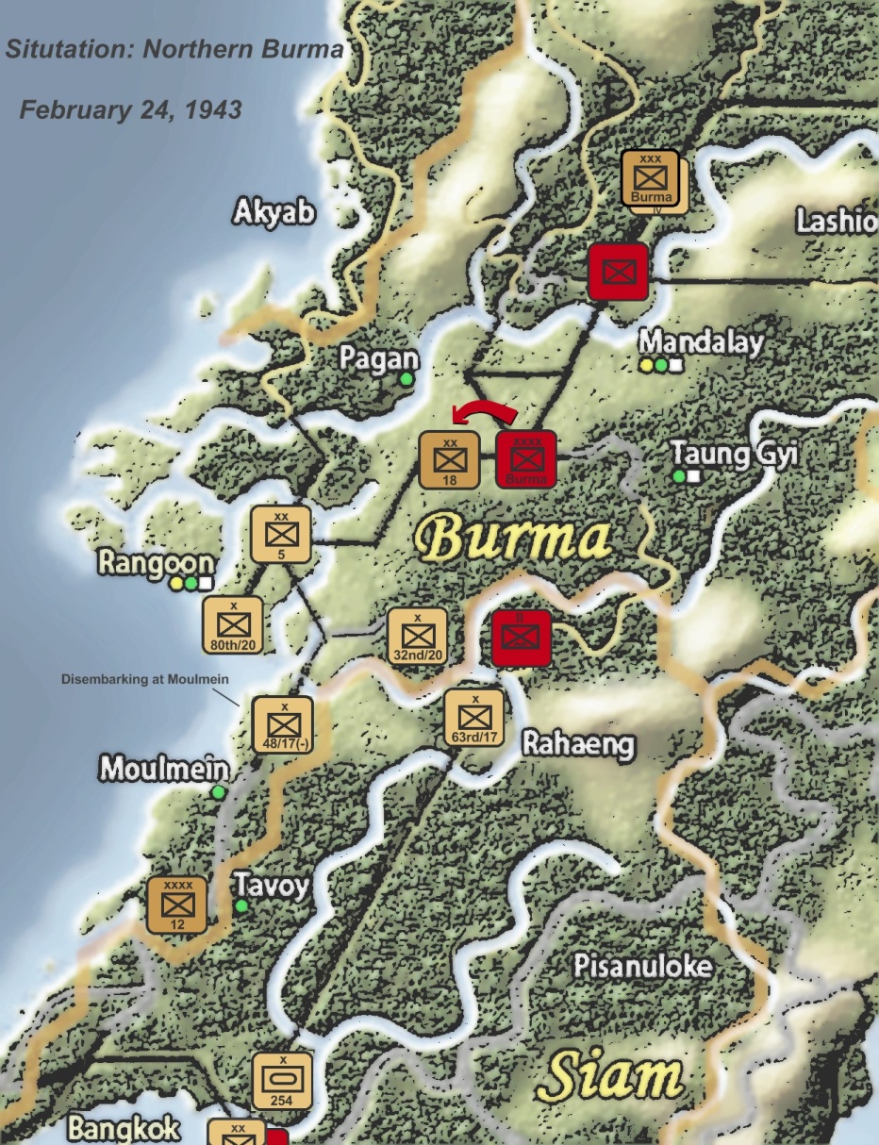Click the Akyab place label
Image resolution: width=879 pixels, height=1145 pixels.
point(274,212)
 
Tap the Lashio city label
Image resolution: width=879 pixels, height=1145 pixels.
point(836,221)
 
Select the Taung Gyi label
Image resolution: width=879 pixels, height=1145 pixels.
point(734,454)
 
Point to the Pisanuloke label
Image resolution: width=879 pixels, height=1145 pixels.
point(642,965)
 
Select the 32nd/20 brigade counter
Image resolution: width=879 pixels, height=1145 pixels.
point(417,635)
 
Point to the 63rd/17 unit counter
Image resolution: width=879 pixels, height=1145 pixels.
point(473,717)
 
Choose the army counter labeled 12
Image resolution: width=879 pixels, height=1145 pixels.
point(177,904)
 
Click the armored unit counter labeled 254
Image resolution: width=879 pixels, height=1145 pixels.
point(281,1080)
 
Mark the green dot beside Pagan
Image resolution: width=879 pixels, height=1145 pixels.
point(406,378)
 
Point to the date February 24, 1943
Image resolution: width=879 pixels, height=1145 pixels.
point(130,109)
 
